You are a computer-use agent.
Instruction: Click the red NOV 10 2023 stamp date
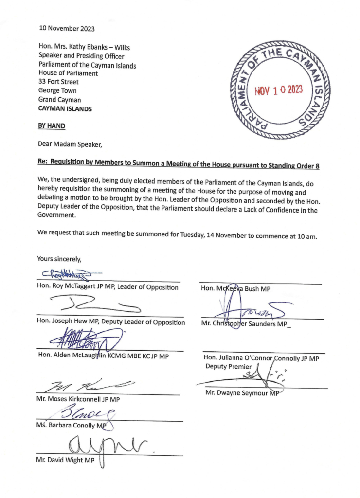pos(279,90)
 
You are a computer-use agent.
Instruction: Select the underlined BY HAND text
pos(52,126)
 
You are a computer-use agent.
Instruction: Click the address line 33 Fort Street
pos(58,82)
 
